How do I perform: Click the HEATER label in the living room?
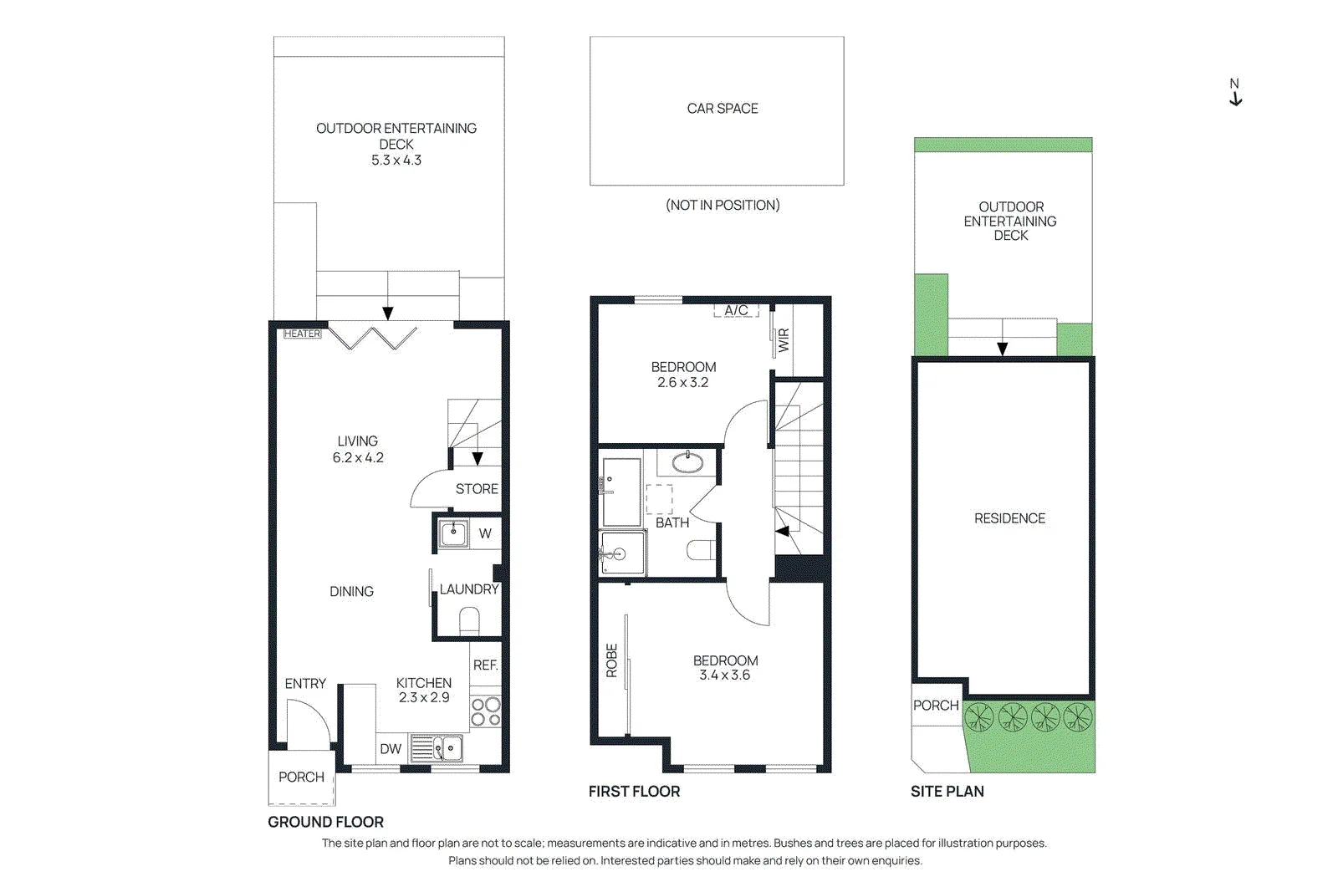point(302,334)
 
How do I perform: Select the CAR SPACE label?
point(723,109)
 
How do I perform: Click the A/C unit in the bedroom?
point(736,310)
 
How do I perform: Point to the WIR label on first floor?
point(784,340)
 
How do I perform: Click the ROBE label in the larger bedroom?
point(611,660)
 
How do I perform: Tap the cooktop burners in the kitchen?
point(486,711)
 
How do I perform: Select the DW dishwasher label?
point(391,749)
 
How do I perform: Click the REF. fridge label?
point(485,665)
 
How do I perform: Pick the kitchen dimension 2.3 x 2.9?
point(424,697)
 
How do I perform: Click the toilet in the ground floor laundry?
point(469,621)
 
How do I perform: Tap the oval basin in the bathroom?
point(687,462)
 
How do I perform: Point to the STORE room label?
point(477,489)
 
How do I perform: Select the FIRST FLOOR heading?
point(635,792)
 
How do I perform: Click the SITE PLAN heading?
point(947,792)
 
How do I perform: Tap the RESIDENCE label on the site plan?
point(1009,518)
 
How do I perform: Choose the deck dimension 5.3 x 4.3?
point(396,160)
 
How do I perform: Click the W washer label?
point(485,533)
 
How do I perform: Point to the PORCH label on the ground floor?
point(302,777)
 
